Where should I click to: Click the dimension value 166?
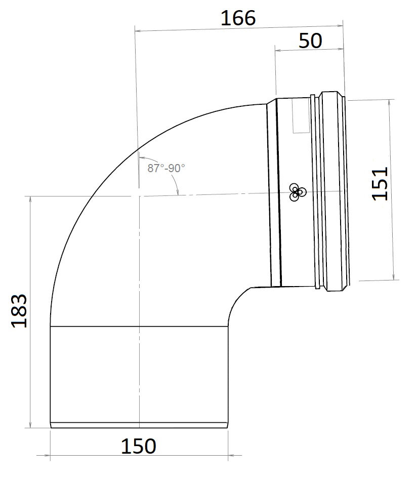[238, 18]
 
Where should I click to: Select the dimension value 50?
[310, 41]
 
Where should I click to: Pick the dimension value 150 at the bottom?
[138, 446]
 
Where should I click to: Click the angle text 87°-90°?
[166, 168]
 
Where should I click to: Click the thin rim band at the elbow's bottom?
[139, 425]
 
